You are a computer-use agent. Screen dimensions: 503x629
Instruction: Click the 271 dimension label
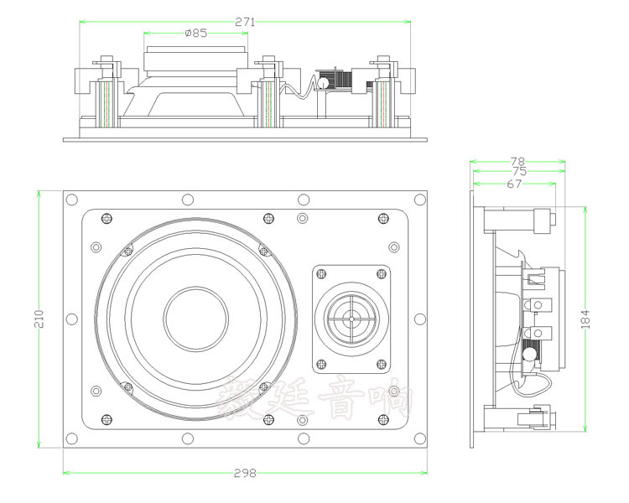[245, 23]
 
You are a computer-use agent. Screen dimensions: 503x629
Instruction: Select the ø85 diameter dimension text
[195, 34]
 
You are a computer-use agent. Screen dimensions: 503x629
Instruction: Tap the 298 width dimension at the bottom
[245, 473]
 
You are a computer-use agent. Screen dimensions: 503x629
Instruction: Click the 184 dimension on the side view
[585, 319]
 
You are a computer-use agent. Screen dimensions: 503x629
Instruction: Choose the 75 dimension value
[517, 171]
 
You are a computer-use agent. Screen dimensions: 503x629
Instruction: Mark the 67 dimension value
[514, 183]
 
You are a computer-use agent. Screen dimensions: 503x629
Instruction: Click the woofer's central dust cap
[195, 319]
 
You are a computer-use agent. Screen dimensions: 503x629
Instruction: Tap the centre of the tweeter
[351, 319]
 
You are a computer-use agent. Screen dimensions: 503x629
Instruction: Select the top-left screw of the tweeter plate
[320, 273]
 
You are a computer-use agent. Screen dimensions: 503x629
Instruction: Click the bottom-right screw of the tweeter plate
[382, 365]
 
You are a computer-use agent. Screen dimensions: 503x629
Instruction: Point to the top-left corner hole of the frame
[71, 200]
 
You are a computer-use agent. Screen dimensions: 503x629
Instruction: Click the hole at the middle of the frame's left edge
[71, 319]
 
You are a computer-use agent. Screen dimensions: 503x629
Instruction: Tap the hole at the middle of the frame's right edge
[417, 319]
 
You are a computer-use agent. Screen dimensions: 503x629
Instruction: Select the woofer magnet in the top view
[195, 60]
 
